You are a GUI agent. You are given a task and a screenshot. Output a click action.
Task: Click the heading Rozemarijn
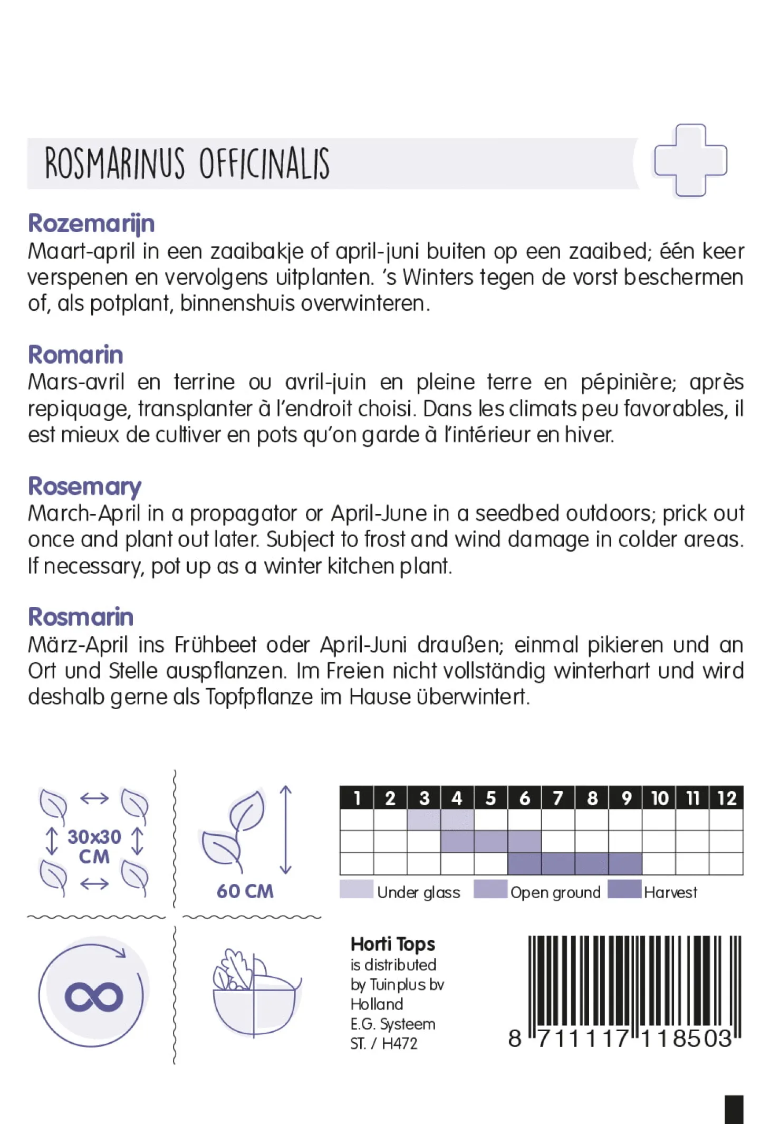pyautogui.click(x=91, y=224)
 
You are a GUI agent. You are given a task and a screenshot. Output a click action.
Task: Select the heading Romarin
pyautogui.click(x=75, y=355)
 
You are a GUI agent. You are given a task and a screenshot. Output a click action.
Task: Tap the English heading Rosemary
pyautogui.click(x=84, y=487)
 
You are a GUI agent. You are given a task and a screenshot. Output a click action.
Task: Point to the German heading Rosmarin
pyautogui.click(x=81, y=617)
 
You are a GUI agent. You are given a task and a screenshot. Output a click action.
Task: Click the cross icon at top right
pyautogui.click(x=690, y=160)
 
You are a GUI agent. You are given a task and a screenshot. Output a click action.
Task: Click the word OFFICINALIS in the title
pyautogui.click(x=264, y=164)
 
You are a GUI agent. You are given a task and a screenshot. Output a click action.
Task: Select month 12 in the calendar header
pyautogui.click(x=726, y=798)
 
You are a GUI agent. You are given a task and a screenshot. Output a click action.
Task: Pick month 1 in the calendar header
pyautogui.click(x=357, y=798)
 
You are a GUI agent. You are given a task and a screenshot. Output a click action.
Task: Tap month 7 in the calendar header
pyautogui.click(x=558, y=798)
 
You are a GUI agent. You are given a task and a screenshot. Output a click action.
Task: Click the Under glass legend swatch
pyautogui.click(x=357, y=889)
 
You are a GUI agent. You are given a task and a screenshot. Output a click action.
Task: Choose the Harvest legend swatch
pyautogui.click(x=624, y=889)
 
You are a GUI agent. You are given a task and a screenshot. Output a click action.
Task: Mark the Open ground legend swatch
pyautogui.click(x=490, y=889)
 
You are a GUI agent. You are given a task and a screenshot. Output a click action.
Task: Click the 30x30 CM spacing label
pyautogui.click(x=94, y=846)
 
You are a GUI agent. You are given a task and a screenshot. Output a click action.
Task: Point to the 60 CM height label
pyautogui.click(x=245, y=891)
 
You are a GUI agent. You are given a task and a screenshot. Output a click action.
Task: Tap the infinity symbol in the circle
pyautogui.click(x=94, y=996)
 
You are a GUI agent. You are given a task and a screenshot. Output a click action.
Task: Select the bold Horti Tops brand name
pyautogui.click(x=393, y=944)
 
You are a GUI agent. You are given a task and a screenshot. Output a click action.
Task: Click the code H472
pyautogui.click(x=399, y=1043)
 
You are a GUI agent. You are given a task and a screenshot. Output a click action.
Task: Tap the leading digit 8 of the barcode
pyautogui.click(x=515, y=1039)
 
